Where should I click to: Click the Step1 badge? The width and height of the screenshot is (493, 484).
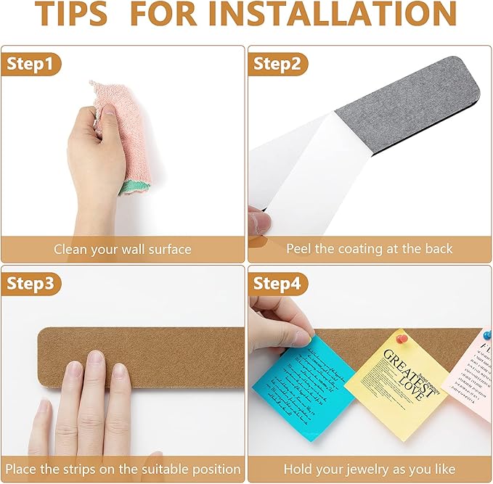(x=30, y=64)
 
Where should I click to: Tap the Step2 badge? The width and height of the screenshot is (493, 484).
(x=277, y=64)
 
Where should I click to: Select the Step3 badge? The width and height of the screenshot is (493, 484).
(x=30, y=284)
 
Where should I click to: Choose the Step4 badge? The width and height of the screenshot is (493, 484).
(x=277, y=284)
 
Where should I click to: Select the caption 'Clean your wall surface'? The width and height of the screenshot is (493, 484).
(x=123, y=250)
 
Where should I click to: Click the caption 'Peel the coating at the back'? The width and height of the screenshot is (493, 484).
(x=369, y=249)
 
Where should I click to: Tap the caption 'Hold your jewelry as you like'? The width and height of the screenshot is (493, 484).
(x=369, y=469)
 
